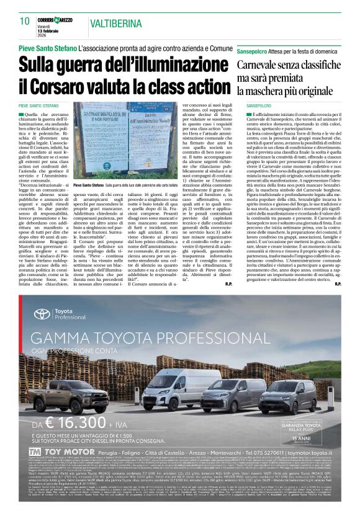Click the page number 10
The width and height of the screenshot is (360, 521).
point(25,22)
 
